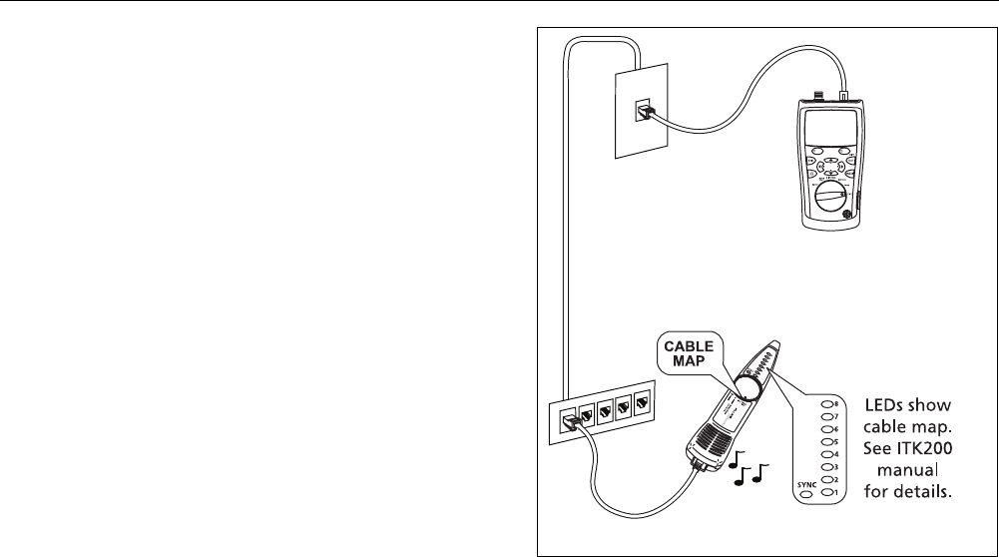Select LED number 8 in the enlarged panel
tap(825, 406)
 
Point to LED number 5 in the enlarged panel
tap(825, 443)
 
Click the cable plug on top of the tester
tap(843, 96)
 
